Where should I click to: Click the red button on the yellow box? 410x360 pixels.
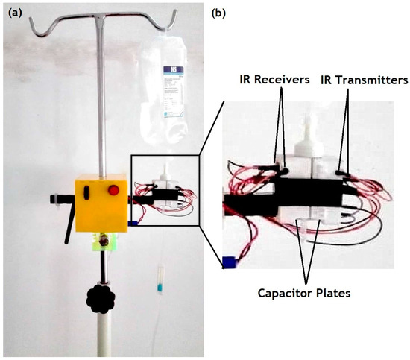[113, 189]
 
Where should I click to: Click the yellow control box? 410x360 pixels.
[101, 203]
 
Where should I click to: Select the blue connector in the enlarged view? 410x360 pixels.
[229, 261]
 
